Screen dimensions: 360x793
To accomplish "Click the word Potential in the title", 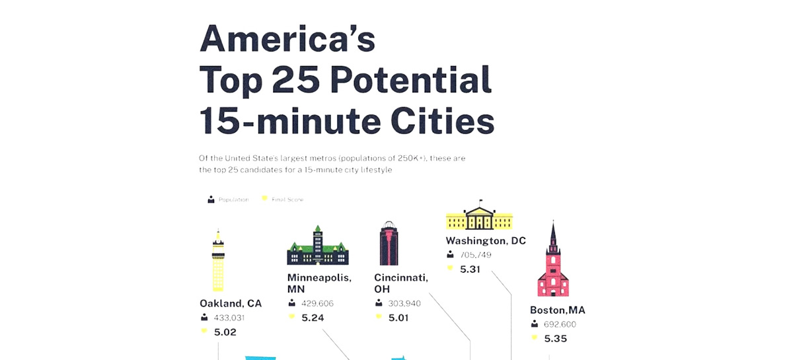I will [x=410, y=81].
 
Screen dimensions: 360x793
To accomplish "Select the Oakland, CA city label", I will [x=231, y=303].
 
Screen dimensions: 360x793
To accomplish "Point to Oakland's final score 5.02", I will [x=225, y=332].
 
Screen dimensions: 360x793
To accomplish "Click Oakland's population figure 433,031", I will [x=229, y=318].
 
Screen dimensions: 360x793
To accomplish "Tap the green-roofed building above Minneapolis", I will [x=318, y=246].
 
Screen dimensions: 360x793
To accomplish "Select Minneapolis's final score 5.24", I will [x=313, y=318].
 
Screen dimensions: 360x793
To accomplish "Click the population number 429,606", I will [x=317, y=303].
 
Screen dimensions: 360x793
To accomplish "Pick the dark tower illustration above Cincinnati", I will [x=389, y=243].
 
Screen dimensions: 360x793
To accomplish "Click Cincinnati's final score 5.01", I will [x=399, y=318].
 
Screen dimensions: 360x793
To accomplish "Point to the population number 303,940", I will [x=404, y=303].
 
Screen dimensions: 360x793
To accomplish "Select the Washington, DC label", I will [x=486, y=240].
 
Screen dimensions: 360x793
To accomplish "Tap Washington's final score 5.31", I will [x=470, y=270].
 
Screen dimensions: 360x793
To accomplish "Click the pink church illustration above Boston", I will [x=553, y=262].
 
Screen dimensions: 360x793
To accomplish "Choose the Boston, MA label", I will [x=558, y=310].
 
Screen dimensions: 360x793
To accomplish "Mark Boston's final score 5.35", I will [x=556, y=339].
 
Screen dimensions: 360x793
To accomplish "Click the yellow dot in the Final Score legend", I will [x=264, y=199].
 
